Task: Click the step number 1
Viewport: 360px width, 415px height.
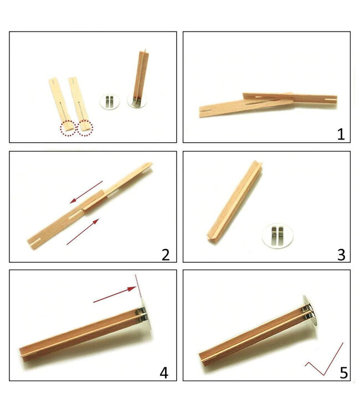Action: (340, 134)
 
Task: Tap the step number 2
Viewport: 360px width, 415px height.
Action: (165, 254)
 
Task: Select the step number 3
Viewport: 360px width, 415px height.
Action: (341, 254)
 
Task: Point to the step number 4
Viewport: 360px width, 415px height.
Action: (164, 372)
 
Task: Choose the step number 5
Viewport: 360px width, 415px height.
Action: (344, 372)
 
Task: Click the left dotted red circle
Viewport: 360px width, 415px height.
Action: (69, 128)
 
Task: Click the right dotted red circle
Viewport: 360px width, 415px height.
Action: (85, 128)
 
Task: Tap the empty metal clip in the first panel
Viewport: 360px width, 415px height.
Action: (109, 101)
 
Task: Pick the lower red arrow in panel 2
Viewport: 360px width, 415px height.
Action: (83, 232)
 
